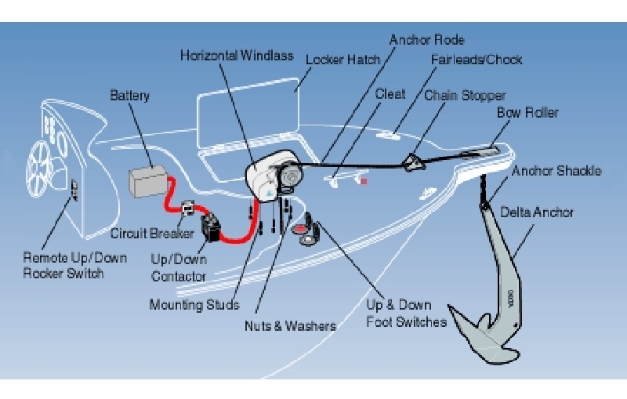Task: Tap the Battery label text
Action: coord(129,96)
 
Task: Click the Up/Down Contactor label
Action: coord(179,266)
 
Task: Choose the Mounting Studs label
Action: coord(194,304)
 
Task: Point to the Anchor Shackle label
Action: coord(556,170)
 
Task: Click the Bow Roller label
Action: coord(527,113)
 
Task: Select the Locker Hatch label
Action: coord(342,59)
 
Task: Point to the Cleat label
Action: coord(390,94)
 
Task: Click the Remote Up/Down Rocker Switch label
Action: coord(63,265)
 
